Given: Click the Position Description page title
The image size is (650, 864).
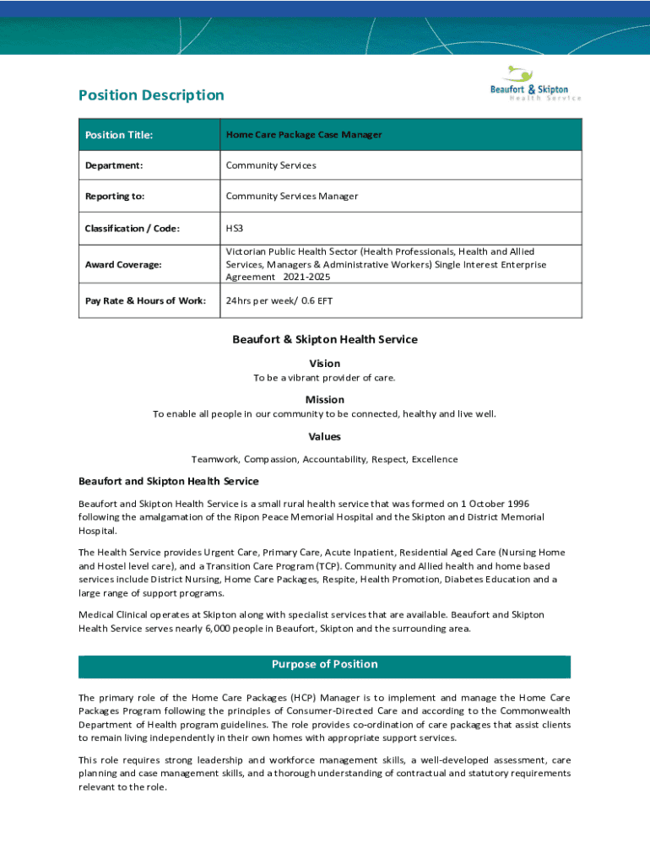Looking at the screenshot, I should (151, 95).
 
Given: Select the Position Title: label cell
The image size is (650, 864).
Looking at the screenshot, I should (118, 135).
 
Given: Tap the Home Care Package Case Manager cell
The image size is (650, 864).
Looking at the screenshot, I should (304, 135).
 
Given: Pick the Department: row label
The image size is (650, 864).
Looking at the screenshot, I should (113, 165).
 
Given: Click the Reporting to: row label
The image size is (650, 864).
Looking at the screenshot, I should (114, 197).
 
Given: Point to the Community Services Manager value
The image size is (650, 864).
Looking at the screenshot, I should (291, 197).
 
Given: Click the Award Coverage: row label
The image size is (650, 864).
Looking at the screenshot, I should (122, 265).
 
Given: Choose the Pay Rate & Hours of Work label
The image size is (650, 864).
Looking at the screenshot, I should (145, 301).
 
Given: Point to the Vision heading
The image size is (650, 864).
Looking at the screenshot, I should (325, 364).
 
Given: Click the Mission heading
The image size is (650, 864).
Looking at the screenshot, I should (325, 400).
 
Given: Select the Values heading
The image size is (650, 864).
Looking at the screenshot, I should (325, 437).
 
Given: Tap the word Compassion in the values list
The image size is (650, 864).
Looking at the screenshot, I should (271, 460).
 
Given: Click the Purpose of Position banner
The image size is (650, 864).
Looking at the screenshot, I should (325, 665).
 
